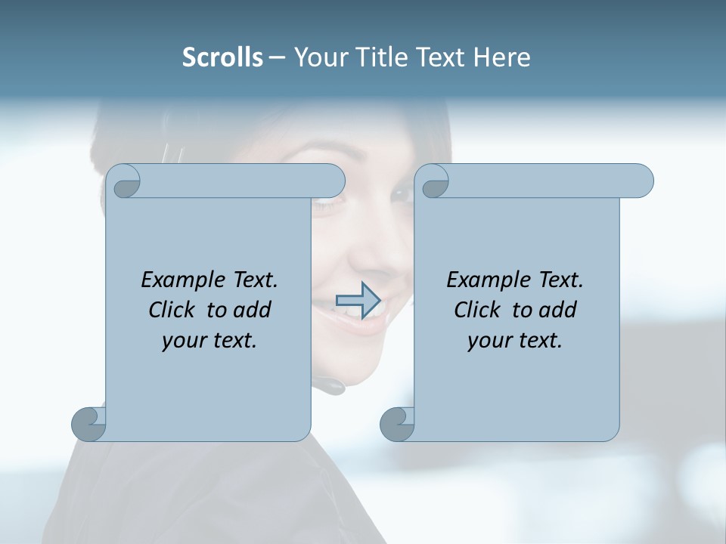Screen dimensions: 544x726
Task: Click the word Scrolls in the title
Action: [222, 57]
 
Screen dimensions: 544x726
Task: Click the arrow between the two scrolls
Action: [358, 301]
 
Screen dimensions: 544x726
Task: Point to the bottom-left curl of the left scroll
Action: [89, 424]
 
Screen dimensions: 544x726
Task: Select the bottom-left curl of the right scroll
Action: [398, 424]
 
